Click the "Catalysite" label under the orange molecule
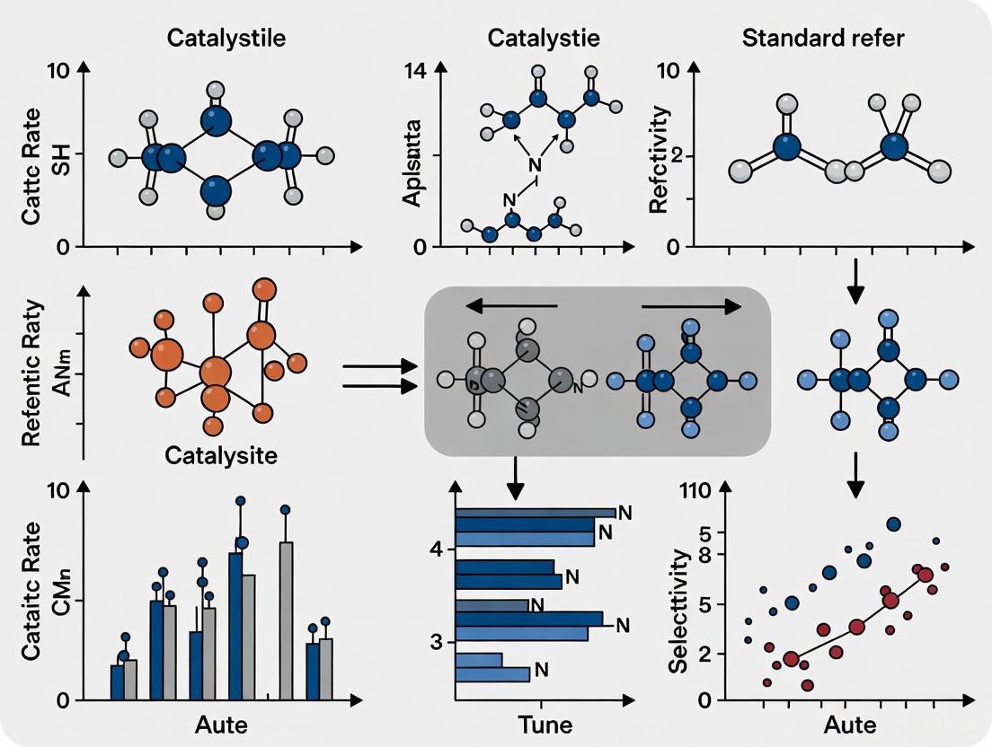click(x=221, y=454)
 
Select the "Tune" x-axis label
click(x=545, y=725)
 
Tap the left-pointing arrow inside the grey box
click(x=511, y=307)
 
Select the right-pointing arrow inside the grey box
click(x=691, y=307)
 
